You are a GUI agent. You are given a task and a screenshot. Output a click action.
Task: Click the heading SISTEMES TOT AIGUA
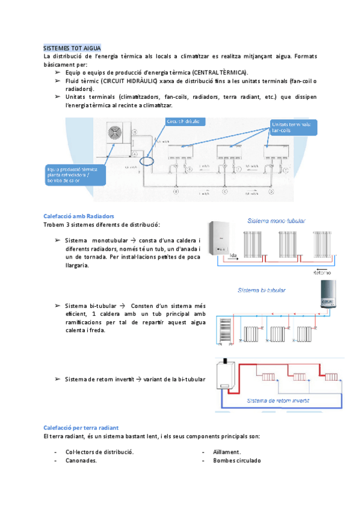(72, 48)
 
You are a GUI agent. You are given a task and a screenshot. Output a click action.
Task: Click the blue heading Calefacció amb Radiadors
(79, 216)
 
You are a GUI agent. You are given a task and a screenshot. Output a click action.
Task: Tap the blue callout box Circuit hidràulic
(185, 122)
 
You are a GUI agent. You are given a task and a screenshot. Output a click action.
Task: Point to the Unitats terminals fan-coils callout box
(291, 127)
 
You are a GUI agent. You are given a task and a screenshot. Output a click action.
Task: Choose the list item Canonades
(81, 460)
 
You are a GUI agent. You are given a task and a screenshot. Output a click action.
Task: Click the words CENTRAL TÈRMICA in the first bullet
(216, 72)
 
